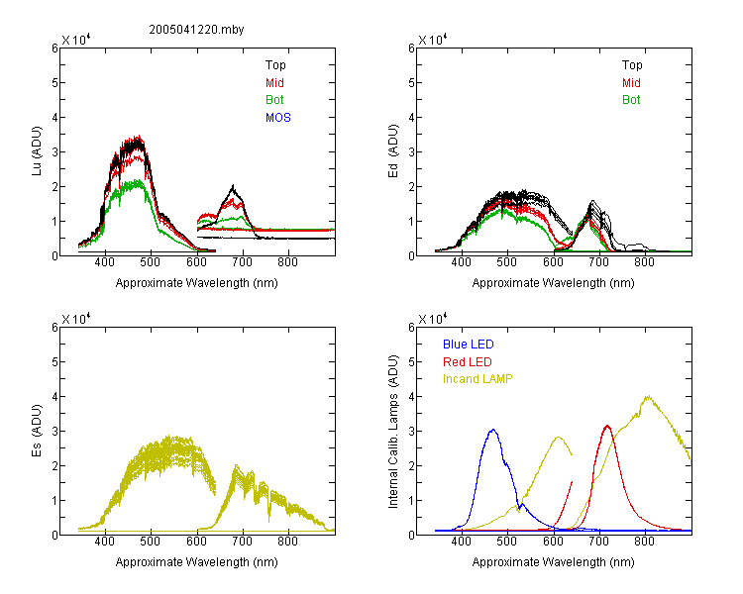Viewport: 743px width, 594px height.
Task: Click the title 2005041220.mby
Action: click(x=196, y=30)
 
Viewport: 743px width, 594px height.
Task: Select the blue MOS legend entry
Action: click(x=278, y=118)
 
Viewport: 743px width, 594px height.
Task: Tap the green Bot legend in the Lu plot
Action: click(x=274, y=100)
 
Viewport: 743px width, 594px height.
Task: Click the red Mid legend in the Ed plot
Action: click(x=631, y=83)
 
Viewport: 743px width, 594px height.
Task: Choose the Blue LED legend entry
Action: click(x=469, y=345)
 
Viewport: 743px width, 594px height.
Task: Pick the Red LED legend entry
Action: click(x=468, y=362)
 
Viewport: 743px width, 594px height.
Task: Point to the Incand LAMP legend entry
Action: click(x=478, y=379)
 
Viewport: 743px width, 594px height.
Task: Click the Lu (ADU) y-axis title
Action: click(x=37, y=150)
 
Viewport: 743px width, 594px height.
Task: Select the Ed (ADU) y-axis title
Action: click(x=393, y=150)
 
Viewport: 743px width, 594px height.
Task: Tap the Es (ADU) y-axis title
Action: click(x=37, y=430)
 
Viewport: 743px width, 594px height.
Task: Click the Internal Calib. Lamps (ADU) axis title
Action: click(x=393, y=431)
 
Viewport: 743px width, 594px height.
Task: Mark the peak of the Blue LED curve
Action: click(x=493, y=430)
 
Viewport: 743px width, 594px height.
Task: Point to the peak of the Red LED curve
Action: click(x=607, y=426)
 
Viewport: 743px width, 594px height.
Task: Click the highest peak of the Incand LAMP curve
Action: click(x=648, y=396)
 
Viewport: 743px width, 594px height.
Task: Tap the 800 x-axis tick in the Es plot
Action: click(x=287, y=542)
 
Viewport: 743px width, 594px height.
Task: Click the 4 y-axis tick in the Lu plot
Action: click(x=55, y=117)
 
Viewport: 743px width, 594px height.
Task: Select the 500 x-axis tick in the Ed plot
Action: click(x=507, y=262)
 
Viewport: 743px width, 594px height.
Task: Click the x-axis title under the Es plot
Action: click(x=197, y=562)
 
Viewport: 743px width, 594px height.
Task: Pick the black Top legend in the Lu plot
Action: click(x=275, y=65)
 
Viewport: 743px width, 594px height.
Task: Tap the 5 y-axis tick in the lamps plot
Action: click(x=412, y=362)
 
